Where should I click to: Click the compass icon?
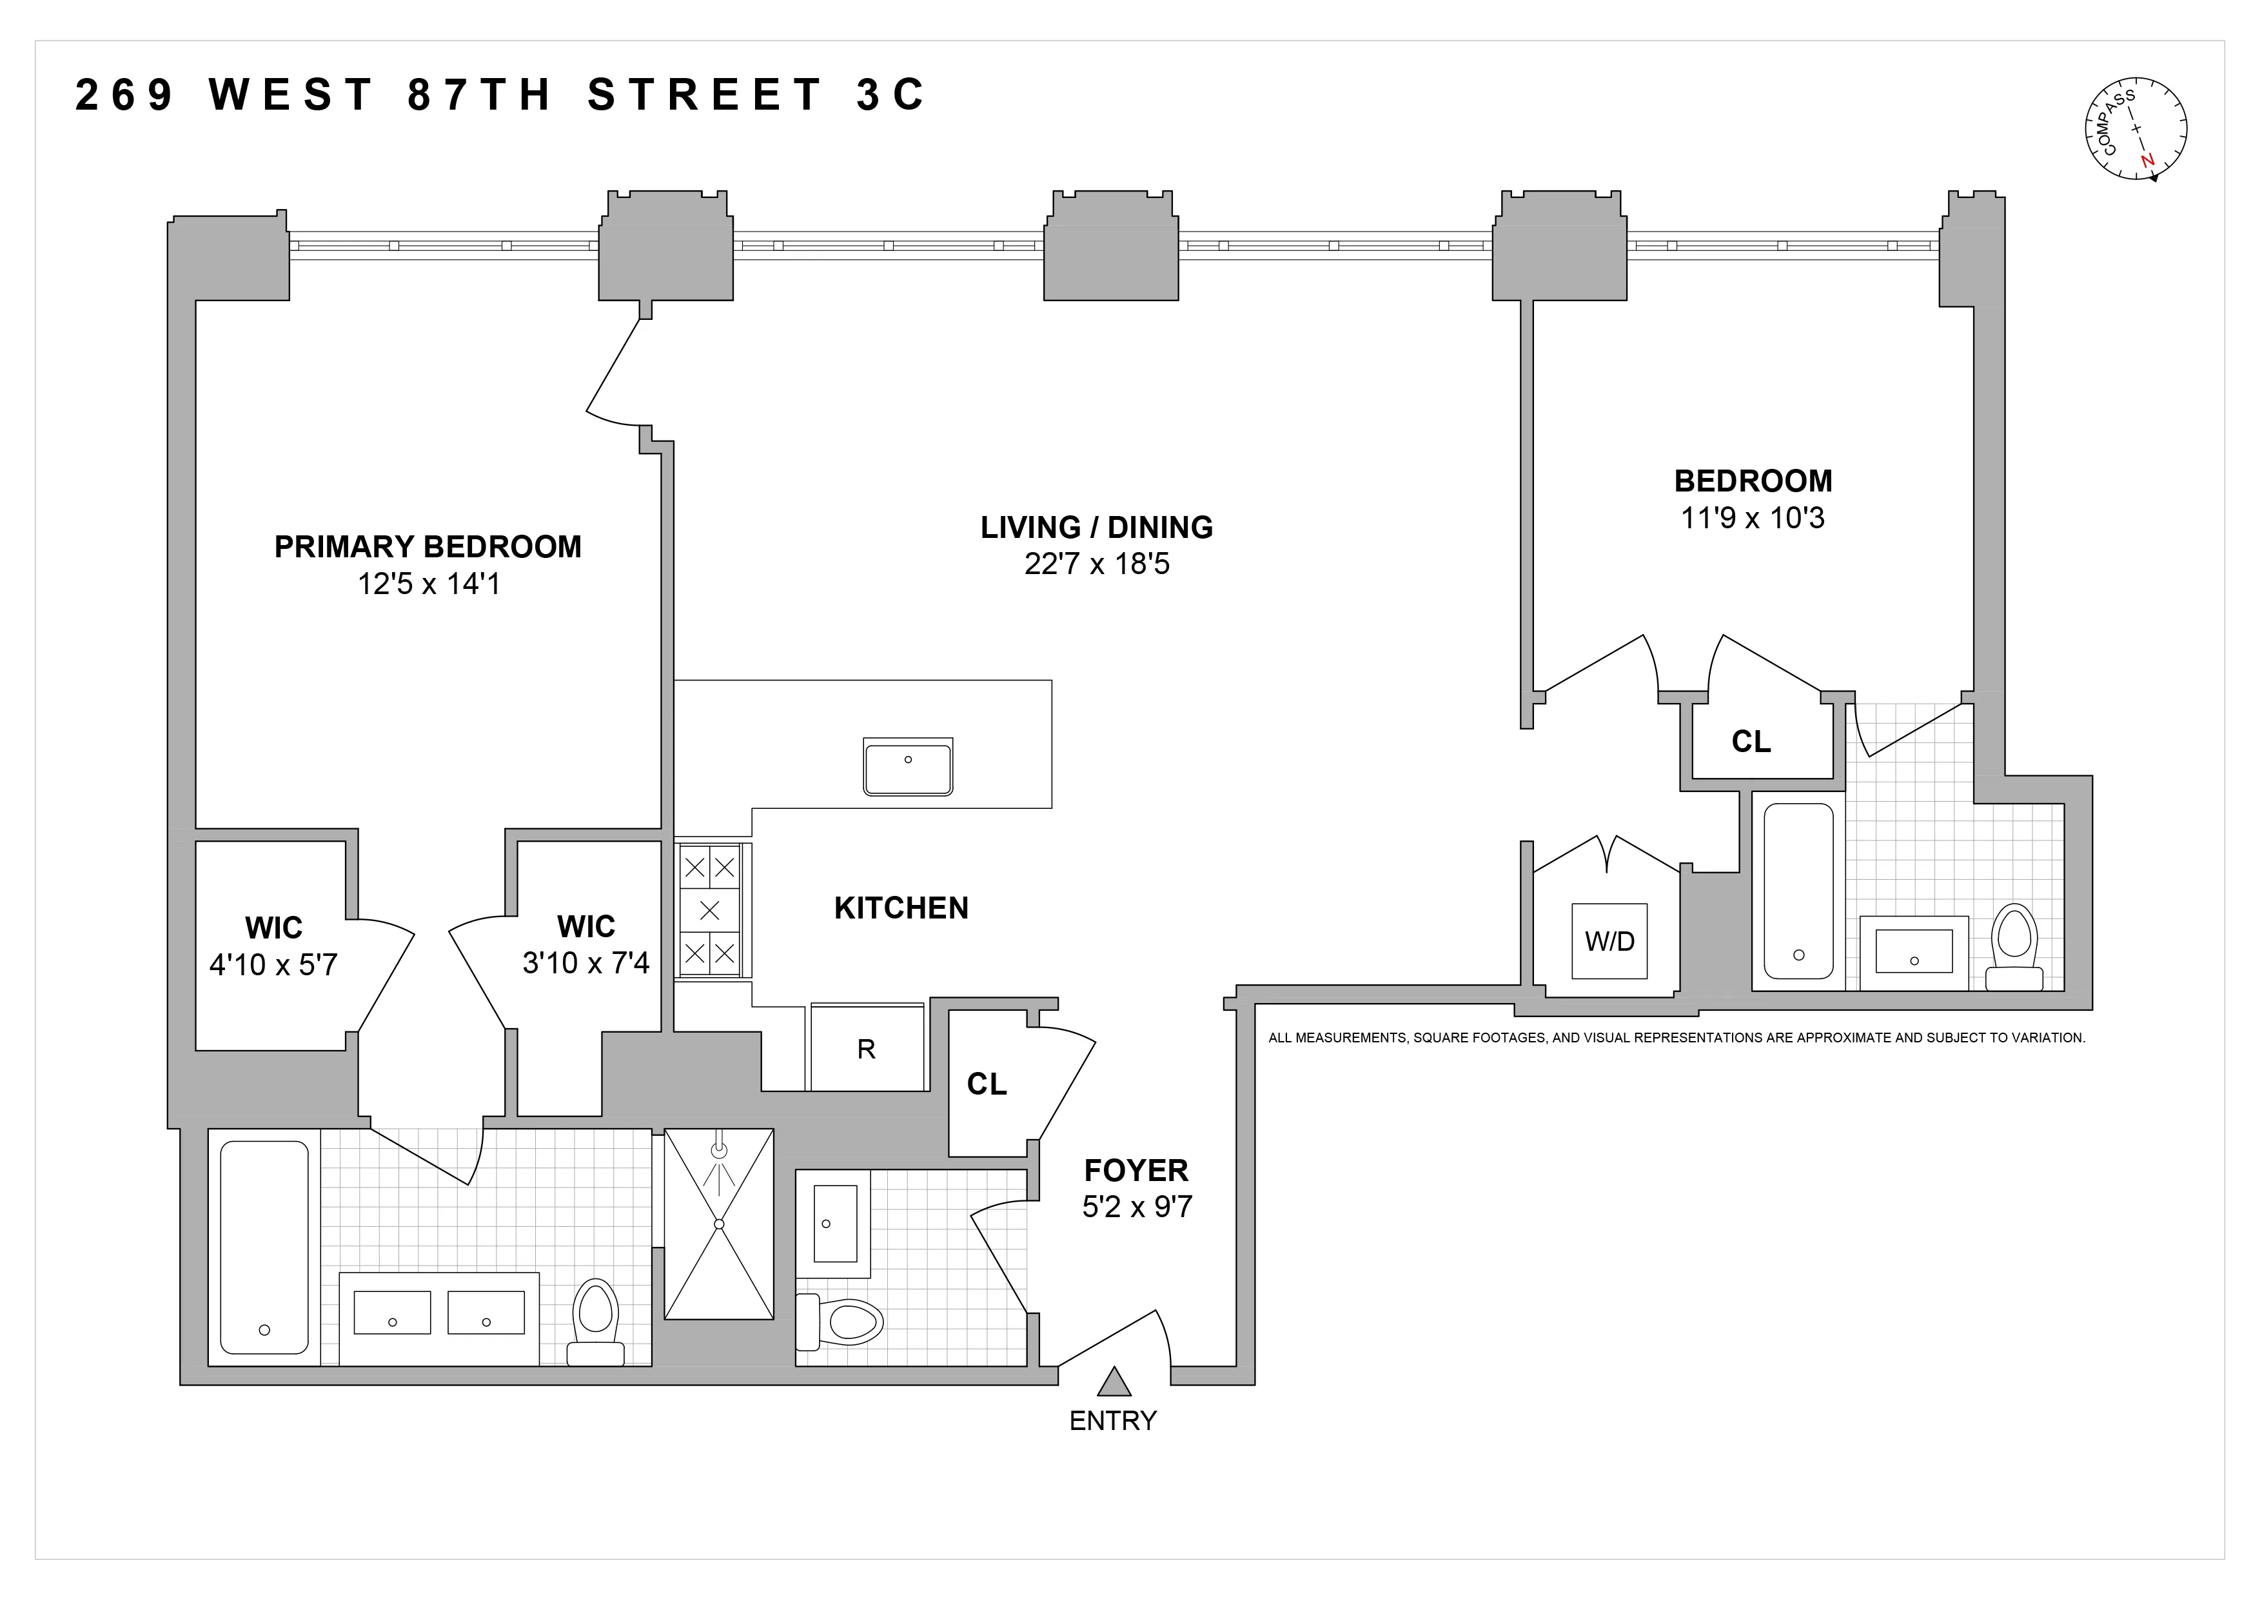pyautogui.click(x=2135, y=129)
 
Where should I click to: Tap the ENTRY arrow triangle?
pyautogui.click(x=1114, y=1382)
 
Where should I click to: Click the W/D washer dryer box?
pyautogui.click(x=1609, y=941)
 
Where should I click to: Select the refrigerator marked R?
pyautogui.click(x=866, y=1048)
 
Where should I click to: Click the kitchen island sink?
pyautogui.click(x=907, y=766)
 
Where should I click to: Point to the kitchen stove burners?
pyautogui.click(x=709, y=910)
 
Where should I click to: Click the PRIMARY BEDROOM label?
pyautogui.click(x=428, y=547)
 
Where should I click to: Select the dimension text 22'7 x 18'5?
pyautogui.click(x=1097, y=564)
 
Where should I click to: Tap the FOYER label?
pyautogui.click(x=1136, y=1171)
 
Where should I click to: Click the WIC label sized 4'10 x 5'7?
pyautogui.click(x=274, y=928)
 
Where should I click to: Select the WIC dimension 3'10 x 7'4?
pyautogui.click(x=585, y=962)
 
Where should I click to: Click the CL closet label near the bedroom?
pyautogui.click(x=1751, y=742)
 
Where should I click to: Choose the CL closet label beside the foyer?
pyautogui.click(x=986, y=1084)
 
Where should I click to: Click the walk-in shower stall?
pyautogui.click(x=718, y=1224)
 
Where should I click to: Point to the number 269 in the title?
pyautogui.click(x=124, y=95)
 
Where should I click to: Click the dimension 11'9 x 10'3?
pyautogui.click(x=1752, y=518)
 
